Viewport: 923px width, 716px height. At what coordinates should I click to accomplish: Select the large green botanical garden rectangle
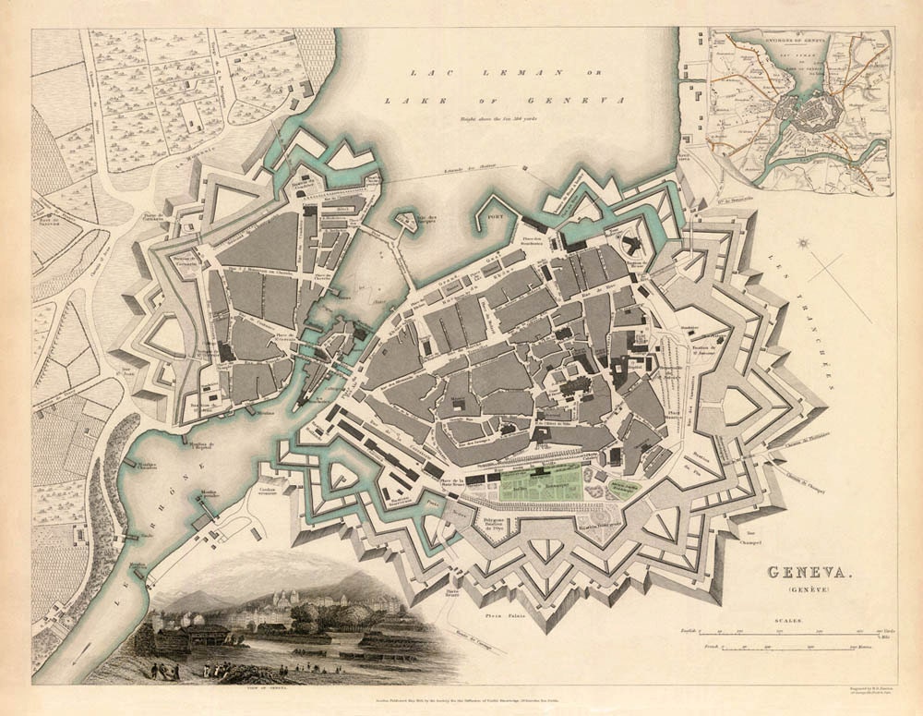click(539, 485)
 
